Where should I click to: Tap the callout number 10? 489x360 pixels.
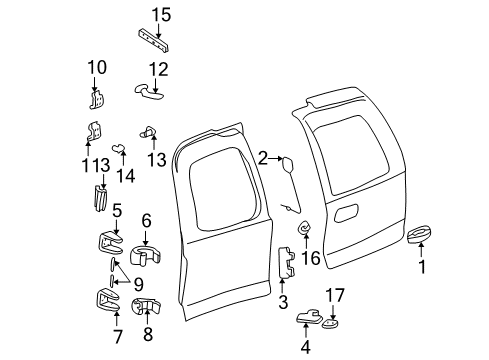[x=96, y=68]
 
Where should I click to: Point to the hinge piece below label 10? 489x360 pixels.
[x=98, y=99]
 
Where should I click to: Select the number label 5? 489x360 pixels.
[x=116, y=211]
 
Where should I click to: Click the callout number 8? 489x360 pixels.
[x=148, y=333]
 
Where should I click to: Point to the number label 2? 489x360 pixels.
[x=263, y=157]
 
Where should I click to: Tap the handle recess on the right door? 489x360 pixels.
[x=350, y=213]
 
